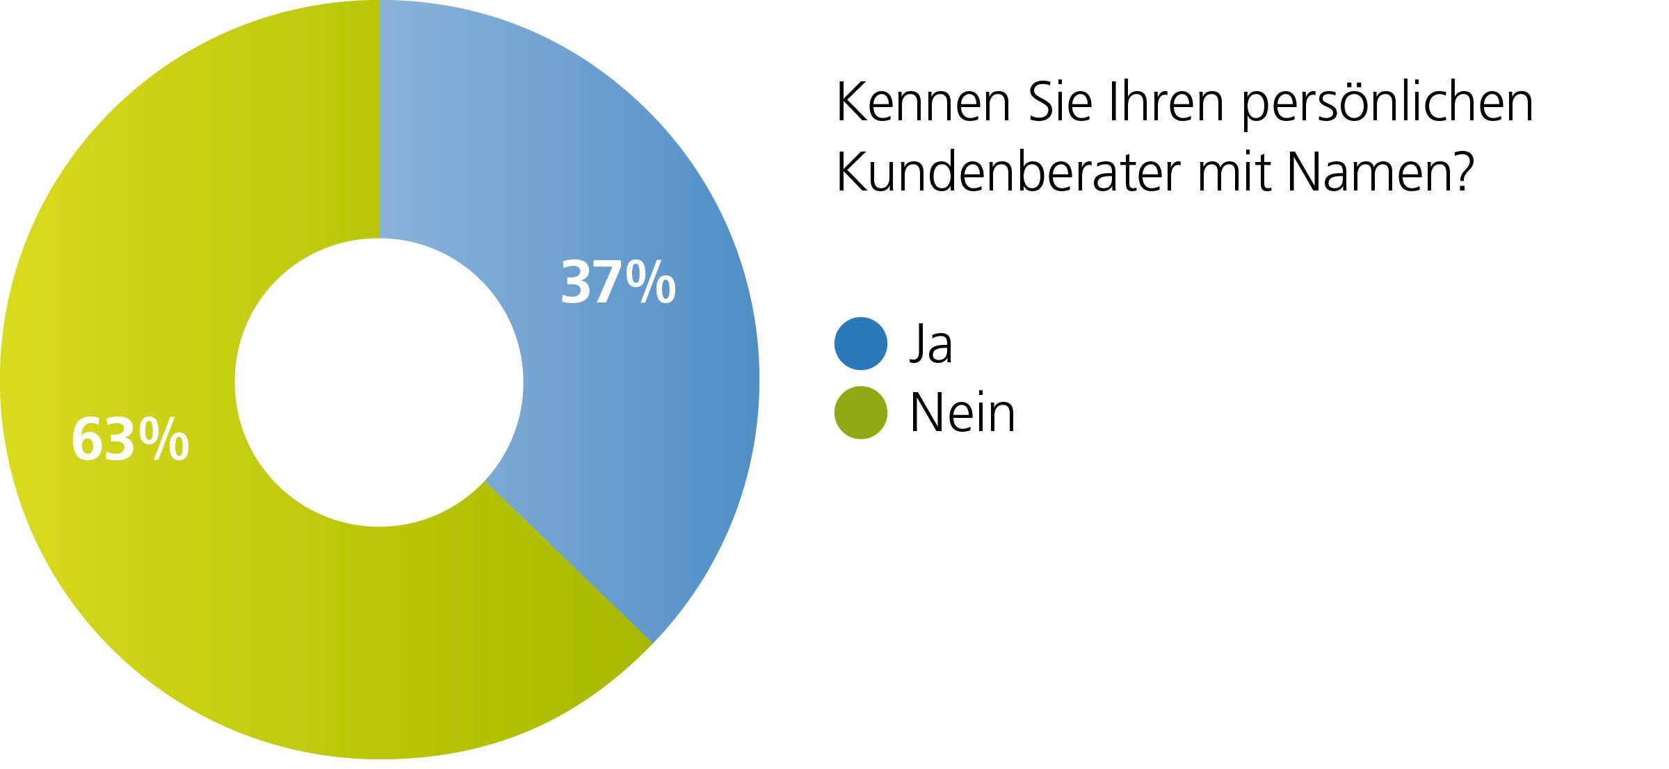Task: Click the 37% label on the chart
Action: coord(618,282)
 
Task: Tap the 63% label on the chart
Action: coord(130,439)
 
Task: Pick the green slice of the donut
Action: coord(209,591)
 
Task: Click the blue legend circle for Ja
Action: coord(861,343)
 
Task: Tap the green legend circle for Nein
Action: coord(861,413)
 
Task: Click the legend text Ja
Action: coord(931,343)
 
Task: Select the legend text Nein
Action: coord(962,413)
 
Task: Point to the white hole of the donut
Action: coord(379,382)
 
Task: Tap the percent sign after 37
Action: coord(651,282)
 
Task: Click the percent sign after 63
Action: coord(163,439)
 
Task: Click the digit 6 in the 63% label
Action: coord(86,439)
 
